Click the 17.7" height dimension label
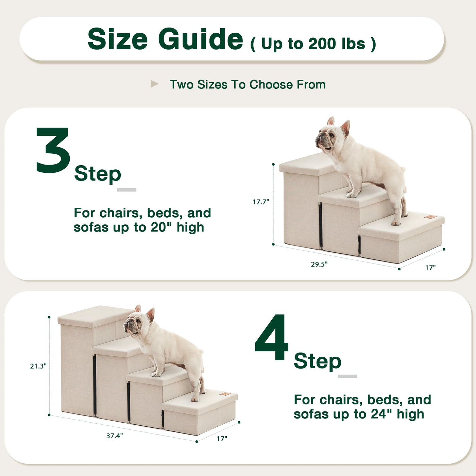(260, 202)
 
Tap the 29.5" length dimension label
(319, 264)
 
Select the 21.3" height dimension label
(38, 366)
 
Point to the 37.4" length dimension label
(114, 436)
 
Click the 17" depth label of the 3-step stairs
(430, 268)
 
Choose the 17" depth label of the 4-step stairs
(222, 439)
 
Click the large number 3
(53, 150)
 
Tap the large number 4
(272, 337)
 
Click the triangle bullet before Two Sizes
(154, 84)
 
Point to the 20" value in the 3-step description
(161, 227)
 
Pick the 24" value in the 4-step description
(382, 414)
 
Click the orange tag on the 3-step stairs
(430, 217)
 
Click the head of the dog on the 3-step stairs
(332, 135)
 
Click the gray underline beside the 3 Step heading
(126, 190)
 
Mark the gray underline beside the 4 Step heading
(347, 376)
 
